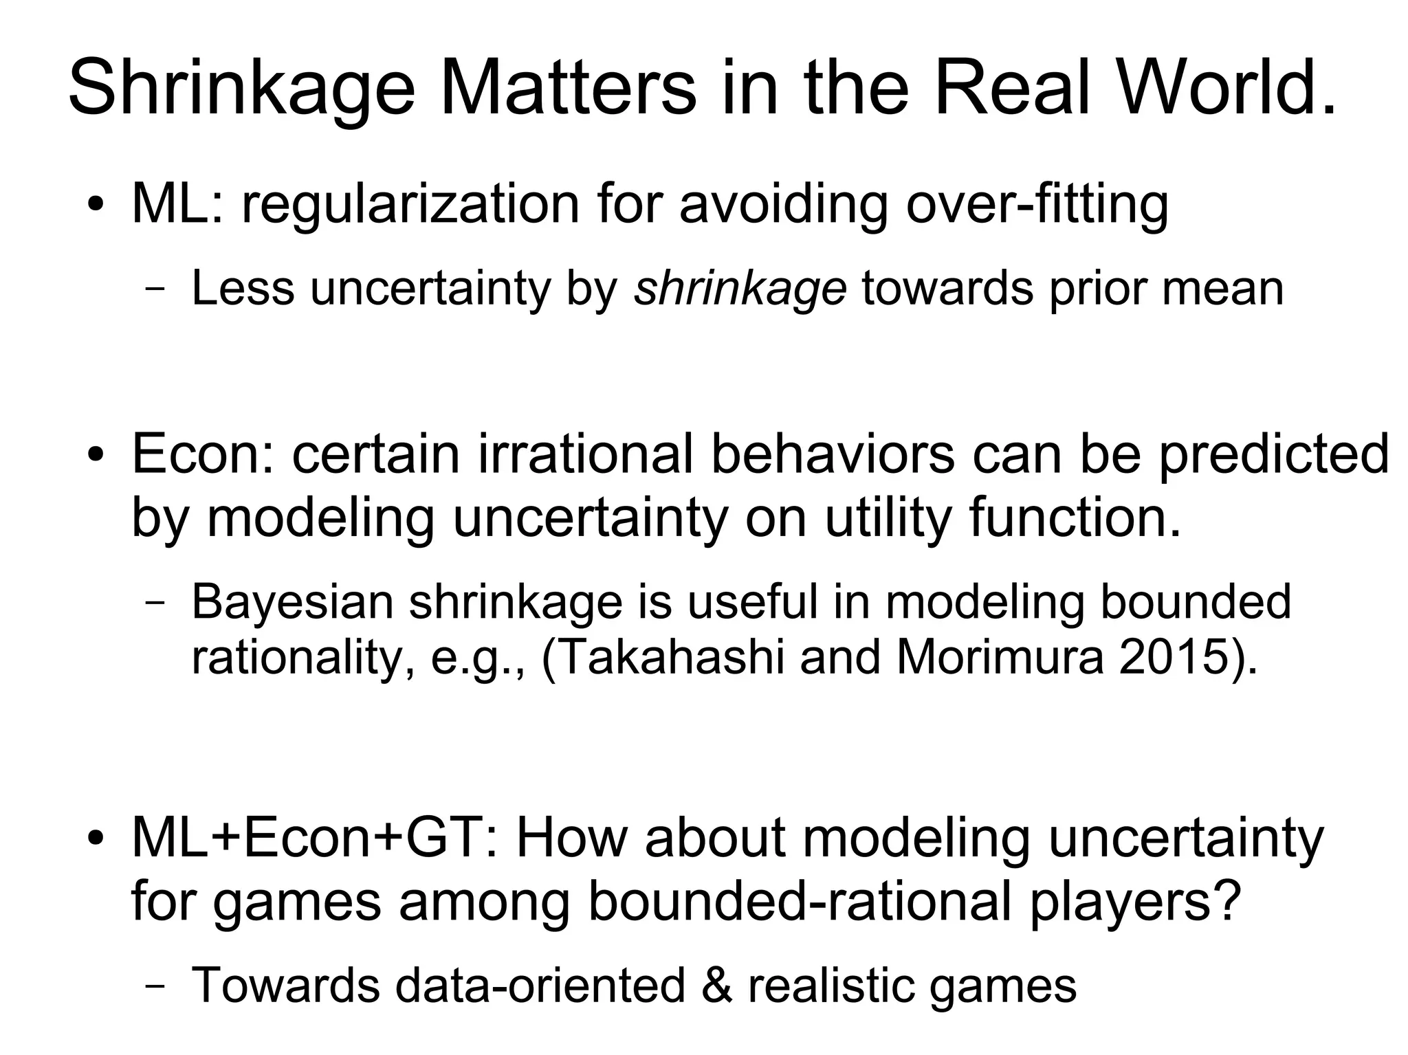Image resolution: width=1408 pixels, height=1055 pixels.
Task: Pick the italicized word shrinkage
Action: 740,289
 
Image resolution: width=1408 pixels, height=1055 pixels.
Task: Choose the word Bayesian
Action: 291,602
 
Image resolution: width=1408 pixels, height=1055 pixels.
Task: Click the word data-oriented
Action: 540,985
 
